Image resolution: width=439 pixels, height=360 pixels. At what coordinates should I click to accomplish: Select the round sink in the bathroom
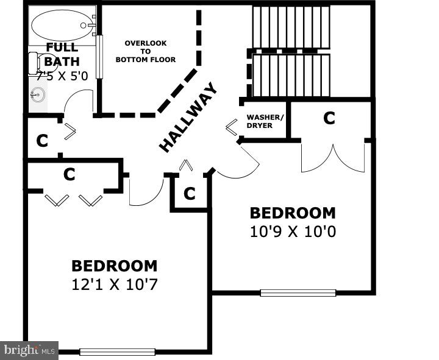38,94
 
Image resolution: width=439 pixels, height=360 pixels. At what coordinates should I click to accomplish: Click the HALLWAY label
188,118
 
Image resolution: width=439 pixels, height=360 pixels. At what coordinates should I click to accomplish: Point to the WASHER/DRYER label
264,121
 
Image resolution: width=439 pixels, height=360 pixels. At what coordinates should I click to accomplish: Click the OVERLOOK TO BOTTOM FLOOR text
146,51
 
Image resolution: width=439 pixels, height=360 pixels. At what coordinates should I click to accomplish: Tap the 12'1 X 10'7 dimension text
114,284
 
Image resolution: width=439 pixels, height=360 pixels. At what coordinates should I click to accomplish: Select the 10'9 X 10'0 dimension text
293,231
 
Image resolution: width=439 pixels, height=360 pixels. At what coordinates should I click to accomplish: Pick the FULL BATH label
62,54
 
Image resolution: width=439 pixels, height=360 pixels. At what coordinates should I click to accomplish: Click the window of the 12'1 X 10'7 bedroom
117,351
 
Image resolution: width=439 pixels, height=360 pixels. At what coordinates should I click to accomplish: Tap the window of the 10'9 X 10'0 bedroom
298,292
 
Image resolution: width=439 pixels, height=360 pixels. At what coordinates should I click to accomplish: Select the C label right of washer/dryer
329,118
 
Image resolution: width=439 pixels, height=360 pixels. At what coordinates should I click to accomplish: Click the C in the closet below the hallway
190,194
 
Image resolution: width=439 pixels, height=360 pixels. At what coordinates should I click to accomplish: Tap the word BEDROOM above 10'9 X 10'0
293,213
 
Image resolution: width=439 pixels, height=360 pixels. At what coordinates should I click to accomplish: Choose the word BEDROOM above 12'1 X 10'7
114,266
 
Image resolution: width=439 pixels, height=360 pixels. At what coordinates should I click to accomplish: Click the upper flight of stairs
291,27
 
